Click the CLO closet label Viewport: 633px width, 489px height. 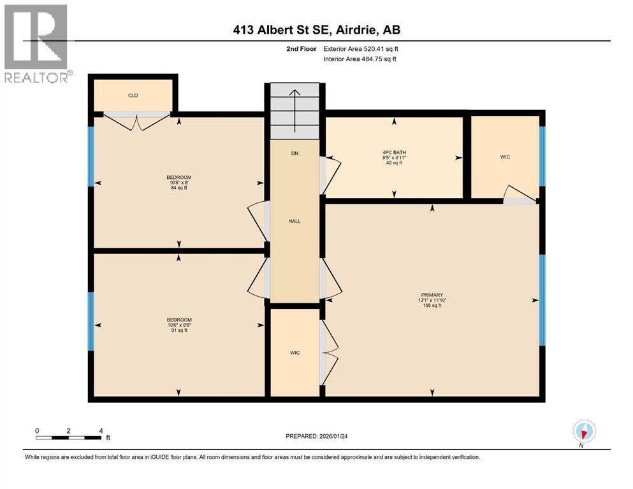(x=133, y=96)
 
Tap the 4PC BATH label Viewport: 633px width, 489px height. (x=394, y=152)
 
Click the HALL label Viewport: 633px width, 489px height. (x=294, y=221)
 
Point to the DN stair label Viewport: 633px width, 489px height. (x=294, y=153)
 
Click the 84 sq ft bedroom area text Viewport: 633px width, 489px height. (x=178, y=188)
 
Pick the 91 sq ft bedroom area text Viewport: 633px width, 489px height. (x=178, y=330)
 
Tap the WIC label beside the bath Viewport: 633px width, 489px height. (x=506, y=157)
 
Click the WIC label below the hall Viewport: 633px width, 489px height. (x=295, y=352)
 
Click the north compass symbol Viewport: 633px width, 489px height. (x=584, y=431)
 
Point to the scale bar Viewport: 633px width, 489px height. (x=69, y=437)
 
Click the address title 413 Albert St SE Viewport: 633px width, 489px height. (x=316, y=29)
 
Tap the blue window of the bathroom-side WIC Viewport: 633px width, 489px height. (x=542, y=157)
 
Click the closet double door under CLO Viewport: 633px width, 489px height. (x=136, y=120)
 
